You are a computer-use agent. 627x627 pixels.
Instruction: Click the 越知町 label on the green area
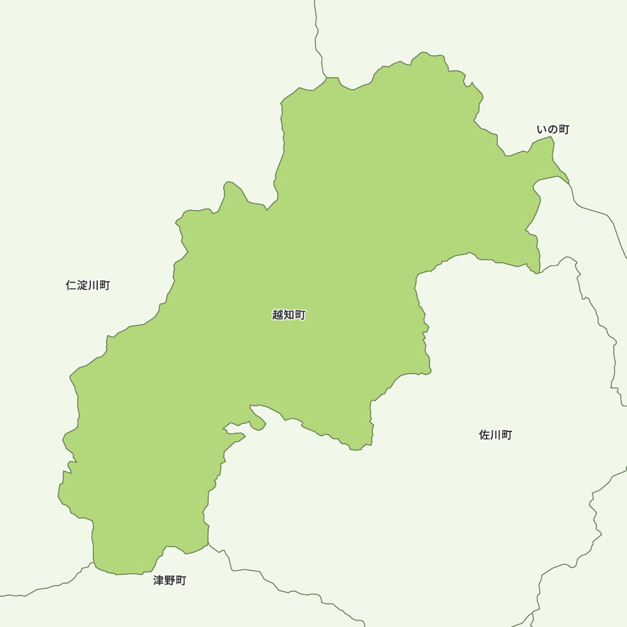tap(289, 315)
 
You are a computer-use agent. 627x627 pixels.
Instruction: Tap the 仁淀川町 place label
tap(88, 285)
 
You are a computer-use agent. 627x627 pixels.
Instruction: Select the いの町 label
tap(553, 129)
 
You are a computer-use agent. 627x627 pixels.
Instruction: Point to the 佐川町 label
tap(495, 435)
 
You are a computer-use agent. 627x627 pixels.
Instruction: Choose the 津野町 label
tap(170, 581)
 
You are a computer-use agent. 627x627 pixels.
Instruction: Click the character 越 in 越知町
tap(278, 315)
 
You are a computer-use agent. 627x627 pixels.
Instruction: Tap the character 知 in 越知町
tap(289, 315)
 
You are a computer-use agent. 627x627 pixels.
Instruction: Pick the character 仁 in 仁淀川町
tap(71, 285)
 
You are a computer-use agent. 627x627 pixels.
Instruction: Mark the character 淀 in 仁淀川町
tap(82, 285)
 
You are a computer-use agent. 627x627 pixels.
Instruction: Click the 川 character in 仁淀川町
tap(93, 285)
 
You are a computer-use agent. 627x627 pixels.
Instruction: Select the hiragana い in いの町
tap(542, 129)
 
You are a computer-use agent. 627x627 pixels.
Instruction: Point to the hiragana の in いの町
tap(553, 129)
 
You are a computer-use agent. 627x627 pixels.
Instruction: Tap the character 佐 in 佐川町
tap(484, 435)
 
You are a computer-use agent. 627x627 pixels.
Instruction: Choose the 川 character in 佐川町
tap(495, 435)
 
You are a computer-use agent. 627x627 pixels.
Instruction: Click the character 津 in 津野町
tap(159, 581)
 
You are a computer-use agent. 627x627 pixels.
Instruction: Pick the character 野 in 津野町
tap(170, 581)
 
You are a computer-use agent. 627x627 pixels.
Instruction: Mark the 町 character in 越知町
tap(300, 315)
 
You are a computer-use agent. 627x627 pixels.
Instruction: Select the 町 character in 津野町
tap(181, 581)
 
